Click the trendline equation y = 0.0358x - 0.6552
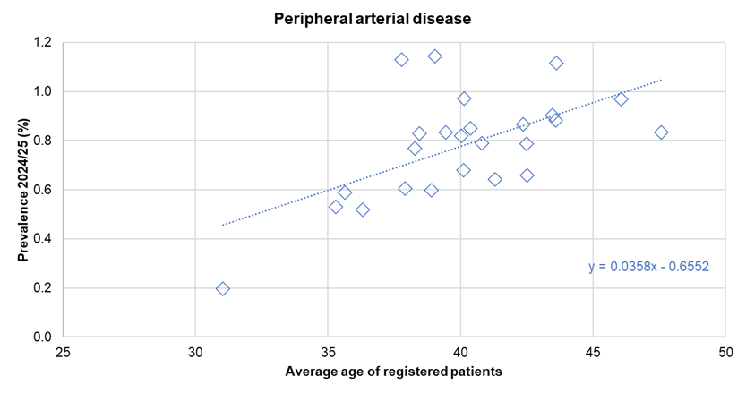648,267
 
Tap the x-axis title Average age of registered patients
393,371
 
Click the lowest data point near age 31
223,288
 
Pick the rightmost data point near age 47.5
661,132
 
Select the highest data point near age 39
434,56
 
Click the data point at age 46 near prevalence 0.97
621,98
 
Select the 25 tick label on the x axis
63,352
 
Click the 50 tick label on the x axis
725,352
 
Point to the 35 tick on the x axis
328,352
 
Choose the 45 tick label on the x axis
593,352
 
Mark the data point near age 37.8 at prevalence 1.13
401,60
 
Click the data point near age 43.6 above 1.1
556,63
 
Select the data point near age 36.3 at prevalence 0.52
363,209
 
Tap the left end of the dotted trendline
223,225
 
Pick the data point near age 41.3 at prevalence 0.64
494,179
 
